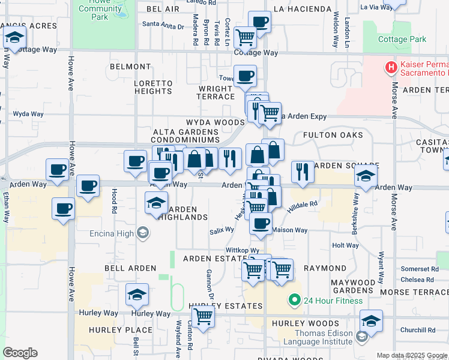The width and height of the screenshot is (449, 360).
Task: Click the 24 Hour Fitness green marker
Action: pos(294,300)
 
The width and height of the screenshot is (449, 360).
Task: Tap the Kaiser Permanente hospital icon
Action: pos(391,67)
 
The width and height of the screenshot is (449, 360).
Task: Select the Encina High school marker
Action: pos(143,232)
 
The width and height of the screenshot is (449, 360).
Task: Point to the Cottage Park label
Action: pos(402,40)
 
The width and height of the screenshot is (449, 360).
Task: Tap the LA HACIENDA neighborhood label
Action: pos(302,9)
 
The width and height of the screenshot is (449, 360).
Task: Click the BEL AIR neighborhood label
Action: pos(163,10)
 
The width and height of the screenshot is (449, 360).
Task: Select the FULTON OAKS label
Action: pos(333,135)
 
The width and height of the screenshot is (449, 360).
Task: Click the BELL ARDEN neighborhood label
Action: pos(125,268)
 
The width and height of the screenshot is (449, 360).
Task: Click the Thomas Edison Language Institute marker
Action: pos(362,337)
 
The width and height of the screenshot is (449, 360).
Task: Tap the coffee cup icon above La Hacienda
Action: pos(259,22)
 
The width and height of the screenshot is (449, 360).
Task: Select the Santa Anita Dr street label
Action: pos(163,25)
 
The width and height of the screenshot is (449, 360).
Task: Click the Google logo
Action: pos(20,353)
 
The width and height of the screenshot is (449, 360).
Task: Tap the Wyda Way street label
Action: pos(28,113)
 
